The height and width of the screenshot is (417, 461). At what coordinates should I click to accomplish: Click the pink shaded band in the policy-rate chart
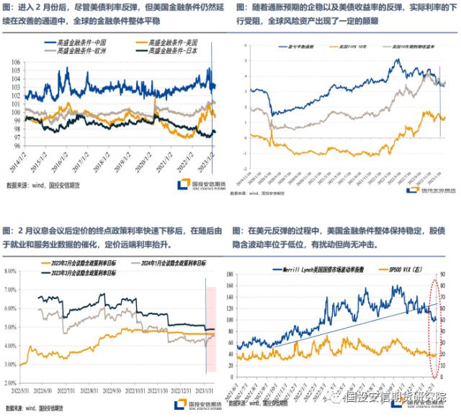211,309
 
